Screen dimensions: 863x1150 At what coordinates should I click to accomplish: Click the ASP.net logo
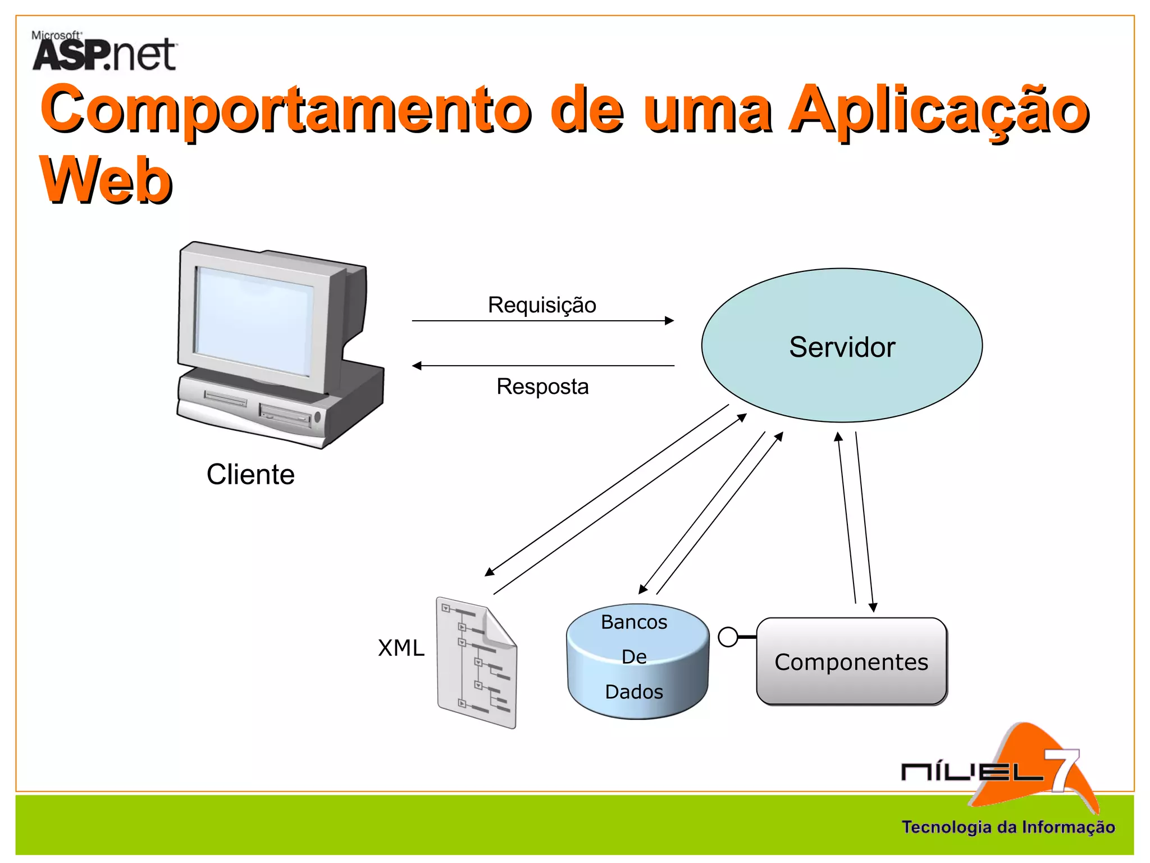click(x=104, y=52)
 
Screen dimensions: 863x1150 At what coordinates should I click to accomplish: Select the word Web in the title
click(x=106, y=180)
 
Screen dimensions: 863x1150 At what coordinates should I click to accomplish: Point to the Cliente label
click(x=250, y=474)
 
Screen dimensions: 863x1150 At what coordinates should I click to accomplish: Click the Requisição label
click(x=542, y=305)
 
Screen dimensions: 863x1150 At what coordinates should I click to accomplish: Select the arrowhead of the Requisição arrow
click(x=669, y=321)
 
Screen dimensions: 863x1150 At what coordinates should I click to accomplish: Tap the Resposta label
click(x=542, y=387)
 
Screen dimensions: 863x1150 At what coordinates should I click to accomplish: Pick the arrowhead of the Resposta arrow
click(x=417, y=366)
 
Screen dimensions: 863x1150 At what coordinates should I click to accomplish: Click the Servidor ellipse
click(x=841, y=346)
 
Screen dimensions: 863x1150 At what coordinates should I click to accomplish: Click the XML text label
click(x=401, y=648)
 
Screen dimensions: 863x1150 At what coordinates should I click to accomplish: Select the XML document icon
click(x=477, y=663)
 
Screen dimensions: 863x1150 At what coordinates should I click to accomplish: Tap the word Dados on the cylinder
click(x=634, y=692)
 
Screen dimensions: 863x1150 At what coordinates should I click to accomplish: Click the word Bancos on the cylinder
click(x=634, y=622)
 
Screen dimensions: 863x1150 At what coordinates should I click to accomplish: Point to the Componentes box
click(x=851, y=661)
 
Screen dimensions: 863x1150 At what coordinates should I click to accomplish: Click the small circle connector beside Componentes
click(x=728, y=637)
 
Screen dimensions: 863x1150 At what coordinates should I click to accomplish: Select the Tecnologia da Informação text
click(x=1008, y=827)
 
